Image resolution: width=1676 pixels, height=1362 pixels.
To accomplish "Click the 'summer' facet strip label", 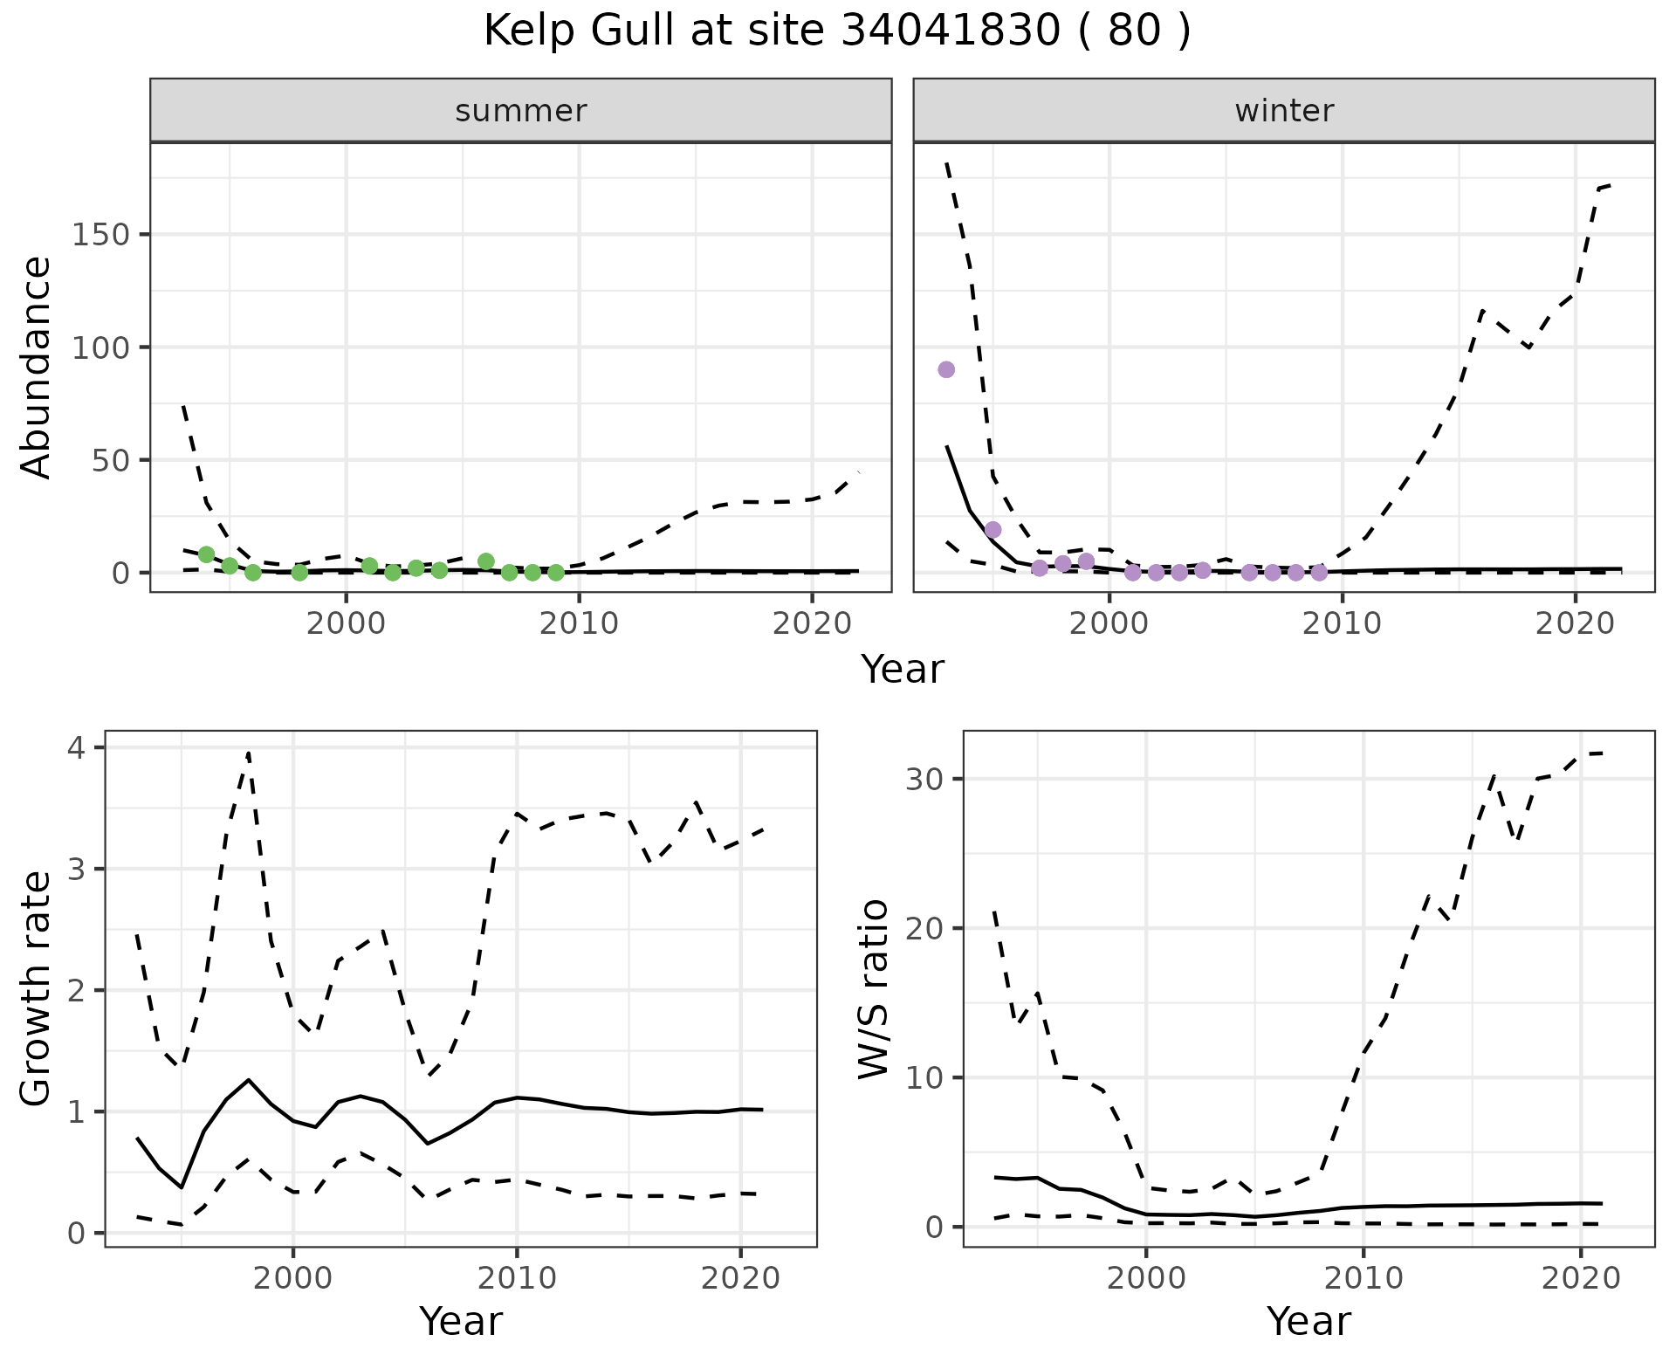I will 521,111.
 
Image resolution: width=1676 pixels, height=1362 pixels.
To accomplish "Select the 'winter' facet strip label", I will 1284,111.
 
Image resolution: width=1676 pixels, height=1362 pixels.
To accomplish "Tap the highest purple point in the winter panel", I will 946,369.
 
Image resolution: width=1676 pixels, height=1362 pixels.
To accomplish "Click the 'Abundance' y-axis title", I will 36,368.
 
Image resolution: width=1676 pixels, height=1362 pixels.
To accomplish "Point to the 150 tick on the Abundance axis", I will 100,235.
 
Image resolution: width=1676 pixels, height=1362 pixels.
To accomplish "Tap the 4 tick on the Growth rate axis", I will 79,748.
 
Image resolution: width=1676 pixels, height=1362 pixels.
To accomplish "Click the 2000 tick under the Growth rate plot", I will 293,1278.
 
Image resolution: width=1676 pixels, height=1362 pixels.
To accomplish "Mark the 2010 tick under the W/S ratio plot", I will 1363,1278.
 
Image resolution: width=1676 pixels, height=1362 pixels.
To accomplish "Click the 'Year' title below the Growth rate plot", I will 461,1321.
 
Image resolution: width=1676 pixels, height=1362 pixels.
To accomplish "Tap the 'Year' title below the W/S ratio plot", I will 1309,1321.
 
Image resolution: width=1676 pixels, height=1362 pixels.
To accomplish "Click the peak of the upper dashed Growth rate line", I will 249,752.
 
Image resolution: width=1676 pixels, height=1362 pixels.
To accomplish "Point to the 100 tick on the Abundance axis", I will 100,347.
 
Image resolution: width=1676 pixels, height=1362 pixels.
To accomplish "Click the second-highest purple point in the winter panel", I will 993,530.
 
